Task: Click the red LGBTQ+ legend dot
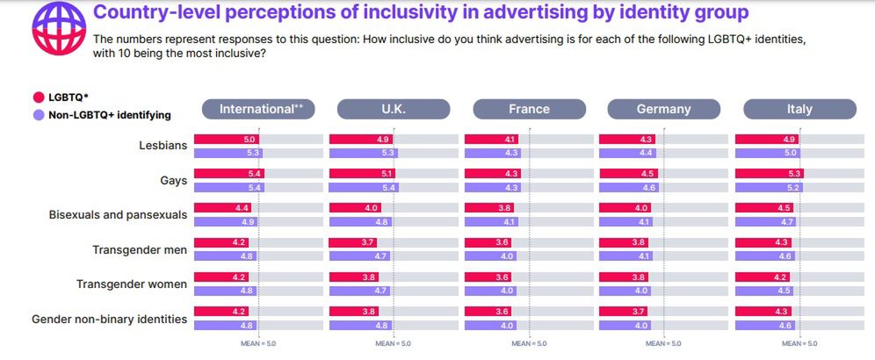coord(38,97)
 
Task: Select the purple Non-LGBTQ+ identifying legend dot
coord(38,114)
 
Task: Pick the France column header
coord(529,109)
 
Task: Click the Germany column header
coord(664,109)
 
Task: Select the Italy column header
coord(799,109)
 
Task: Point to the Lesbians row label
coord(163,145)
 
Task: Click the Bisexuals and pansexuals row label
coord(118,214)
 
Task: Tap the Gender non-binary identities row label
coord(109,319)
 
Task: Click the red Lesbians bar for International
coord(227,139)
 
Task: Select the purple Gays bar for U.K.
coord(364,188)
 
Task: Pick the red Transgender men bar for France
coord(488,243)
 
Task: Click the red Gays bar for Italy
coord(769,174)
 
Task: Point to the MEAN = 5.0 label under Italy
coord(799,343)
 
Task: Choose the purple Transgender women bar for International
coord(225,291)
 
